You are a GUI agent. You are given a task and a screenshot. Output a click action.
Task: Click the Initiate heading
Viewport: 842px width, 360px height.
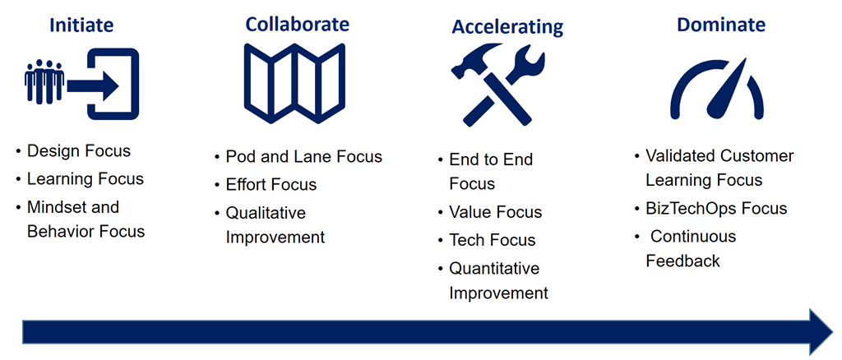click(81, 25)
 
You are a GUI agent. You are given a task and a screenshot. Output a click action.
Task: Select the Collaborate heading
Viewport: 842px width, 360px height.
click(297, 25)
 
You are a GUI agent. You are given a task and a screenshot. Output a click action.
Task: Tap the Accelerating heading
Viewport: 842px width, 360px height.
click(507, 26)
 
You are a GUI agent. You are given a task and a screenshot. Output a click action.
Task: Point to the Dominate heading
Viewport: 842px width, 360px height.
click(721, 25)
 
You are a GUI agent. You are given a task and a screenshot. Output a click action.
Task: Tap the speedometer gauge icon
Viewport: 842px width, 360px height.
click(717, 89)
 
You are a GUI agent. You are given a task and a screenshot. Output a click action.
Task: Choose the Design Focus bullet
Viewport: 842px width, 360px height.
click(79, 151)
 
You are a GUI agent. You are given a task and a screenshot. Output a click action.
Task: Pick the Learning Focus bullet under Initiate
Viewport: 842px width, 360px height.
click(86, 179)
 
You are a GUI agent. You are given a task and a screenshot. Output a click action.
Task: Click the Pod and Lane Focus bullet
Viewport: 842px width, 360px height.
click(303, 156)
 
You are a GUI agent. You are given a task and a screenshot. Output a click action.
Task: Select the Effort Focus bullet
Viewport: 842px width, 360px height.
click(271, 185)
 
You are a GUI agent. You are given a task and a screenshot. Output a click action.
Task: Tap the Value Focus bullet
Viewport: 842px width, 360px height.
click(495, 212)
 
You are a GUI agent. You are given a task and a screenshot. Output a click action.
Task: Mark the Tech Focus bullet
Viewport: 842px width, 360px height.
click(492, 240)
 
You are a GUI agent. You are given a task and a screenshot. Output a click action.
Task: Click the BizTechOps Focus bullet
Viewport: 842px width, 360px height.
click(716, 208)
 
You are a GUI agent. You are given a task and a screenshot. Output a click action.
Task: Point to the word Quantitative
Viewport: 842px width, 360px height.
click(494, 268)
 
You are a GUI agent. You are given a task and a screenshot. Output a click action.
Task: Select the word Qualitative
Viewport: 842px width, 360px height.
click(266, 213)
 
